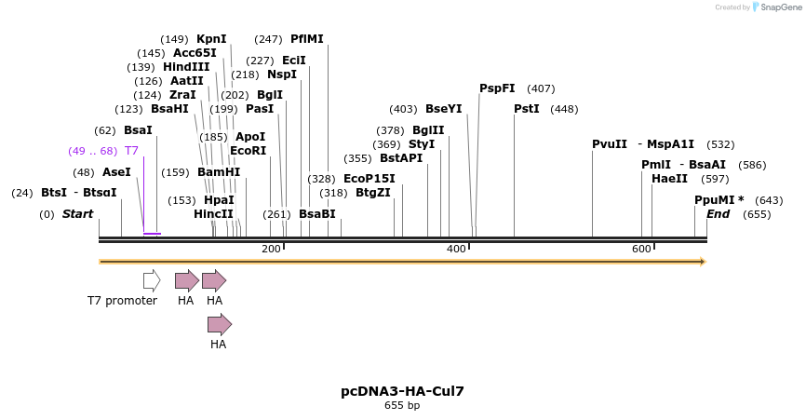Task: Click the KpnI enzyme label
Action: point(211,39)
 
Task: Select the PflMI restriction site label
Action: point(307,39)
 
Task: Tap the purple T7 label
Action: point(131,151)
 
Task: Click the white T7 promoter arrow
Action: point(152,280)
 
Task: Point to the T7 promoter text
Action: point(122,301)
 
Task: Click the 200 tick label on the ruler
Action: point(271,249)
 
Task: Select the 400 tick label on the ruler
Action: point(456,249)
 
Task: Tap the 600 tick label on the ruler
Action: point(641,249)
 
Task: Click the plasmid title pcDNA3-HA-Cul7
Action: point(402,391)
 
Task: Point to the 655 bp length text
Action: point(402,405)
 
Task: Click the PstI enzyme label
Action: point(527,109)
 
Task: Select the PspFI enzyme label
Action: point(497,88)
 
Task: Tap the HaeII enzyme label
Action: point(669,179)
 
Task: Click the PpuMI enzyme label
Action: point(716,200)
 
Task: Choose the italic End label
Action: point(719,214)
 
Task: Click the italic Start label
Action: point(78,214)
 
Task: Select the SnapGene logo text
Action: point(780,7)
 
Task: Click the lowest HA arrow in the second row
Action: point(220,324)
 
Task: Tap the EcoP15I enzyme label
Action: point(369,179)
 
